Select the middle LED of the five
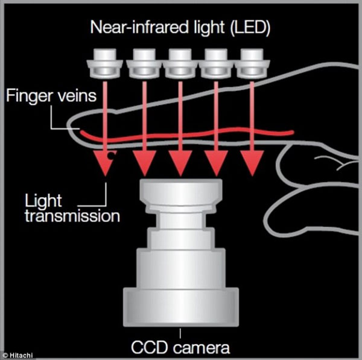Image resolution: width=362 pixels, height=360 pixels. pos(180,63)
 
